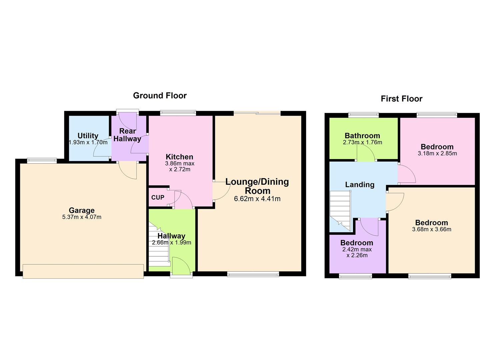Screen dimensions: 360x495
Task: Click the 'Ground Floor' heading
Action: click(160, 96)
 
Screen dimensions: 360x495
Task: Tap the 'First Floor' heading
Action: click(401, 99)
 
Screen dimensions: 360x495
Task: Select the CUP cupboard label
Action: click(158, 197)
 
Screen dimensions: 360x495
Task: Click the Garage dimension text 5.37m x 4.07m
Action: click(82, 217)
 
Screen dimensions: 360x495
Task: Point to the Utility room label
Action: click(88, 136)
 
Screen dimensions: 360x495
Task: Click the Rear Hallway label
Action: click(127, 135)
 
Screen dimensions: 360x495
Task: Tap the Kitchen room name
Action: click(179, 157)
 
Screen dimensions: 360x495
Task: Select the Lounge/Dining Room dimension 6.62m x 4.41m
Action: click(257, 199)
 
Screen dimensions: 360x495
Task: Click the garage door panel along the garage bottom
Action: click(83, 271)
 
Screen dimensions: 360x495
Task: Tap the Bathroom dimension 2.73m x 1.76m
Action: click(362, 142)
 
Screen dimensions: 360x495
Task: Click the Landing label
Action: click(359, 185)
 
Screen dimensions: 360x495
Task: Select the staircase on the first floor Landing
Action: click(340, 210)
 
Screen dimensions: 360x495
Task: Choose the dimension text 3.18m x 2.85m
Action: click(437, 154)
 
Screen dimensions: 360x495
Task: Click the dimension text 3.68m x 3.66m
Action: click(431, 229)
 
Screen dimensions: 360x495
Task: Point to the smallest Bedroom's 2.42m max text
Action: click(357, 249)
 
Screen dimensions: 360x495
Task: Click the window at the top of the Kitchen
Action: click(178, 113)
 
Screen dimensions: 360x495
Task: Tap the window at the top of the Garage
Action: click(42, 161)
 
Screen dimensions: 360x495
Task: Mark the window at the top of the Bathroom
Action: click(363, 115)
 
